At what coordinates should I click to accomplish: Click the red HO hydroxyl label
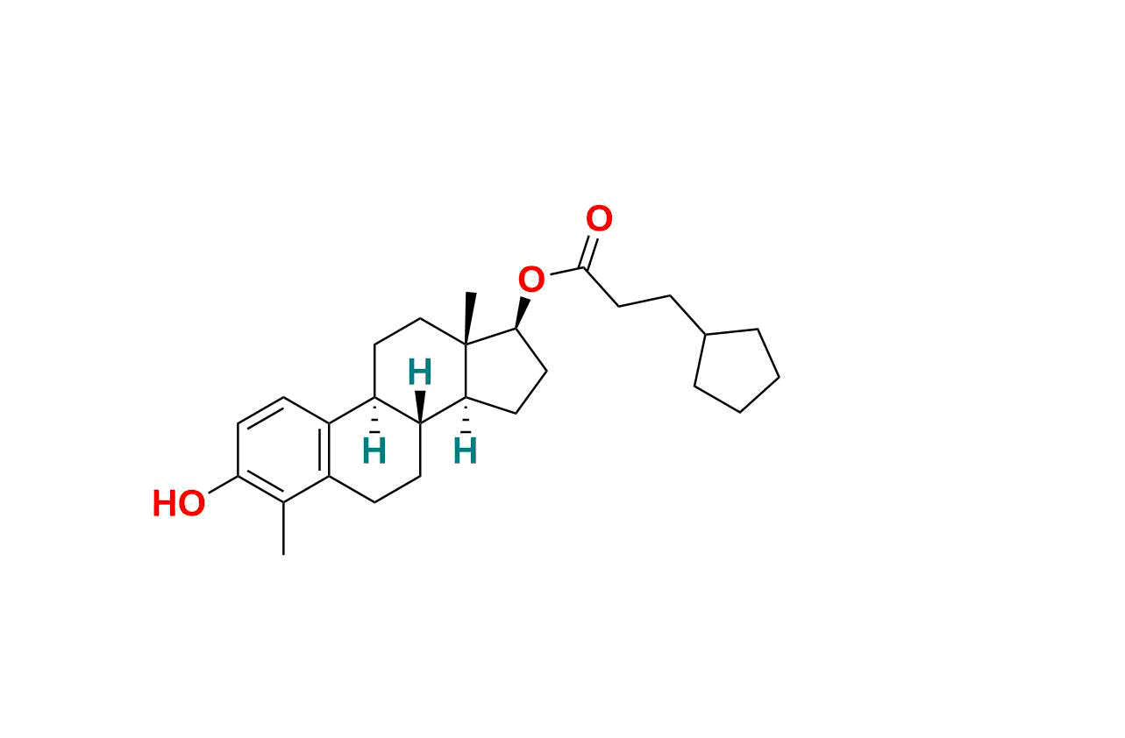(x=179, y=504)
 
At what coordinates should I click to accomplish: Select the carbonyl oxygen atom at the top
(x=599, y=218)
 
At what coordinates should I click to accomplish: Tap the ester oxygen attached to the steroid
(x=531, y=280)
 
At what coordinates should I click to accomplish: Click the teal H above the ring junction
(x=420, y=372)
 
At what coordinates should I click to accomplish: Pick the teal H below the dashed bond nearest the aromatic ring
(x=374, y=451)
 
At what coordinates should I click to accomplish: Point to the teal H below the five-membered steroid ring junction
(x=465, y=451)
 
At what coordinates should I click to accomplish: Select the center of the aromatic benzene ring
(x=283, y=450)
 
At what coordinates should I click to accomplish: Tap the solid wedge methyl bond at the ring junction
(x=468, y=318)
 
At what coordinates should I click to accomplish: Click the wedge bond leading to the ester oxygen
(x=523, y=313)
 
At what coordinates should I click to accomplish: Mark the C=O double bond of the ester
(x=588, y=252)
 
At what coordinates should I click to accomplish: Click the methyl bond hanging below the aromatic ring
(x=283, y=529)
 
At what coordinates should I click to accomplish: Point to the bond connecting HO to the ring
(x=223, y=485)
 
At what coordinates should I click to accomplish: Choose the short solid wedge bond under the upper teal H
(x=420, y=406)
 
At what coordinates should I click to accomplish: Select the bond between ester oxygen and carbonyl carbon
(x=567, y=272)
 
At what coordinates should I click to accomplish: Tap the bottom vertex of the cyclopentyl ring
(x=740, y=413)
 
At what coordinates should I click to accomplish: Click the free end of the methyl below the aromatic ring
(x=283, y=555)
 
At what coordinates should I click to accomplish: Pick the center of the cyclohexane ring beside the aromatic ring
(x=374, y=450)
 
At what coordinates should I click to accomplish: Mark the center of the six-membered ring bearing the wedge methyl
(x=420, y=371)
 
